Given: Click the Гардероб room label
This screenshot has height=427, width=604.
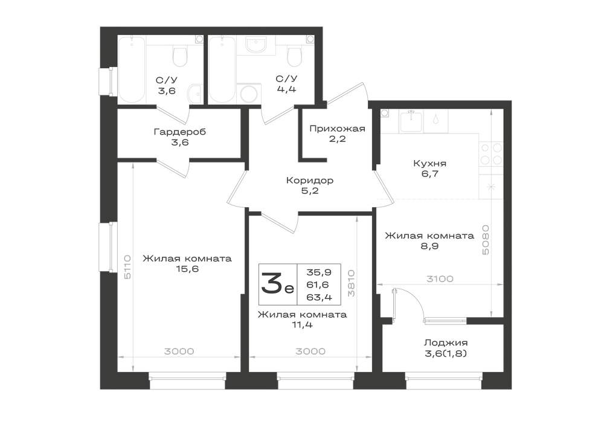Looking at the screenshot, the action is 180,132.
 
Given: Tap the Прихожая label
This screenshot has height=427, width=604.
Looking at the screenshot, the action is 337,129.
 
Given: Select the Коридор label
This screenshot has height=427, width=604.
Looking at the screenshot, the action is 310,180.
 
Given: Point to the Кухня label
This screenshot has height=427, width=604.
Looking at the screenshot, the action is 429,163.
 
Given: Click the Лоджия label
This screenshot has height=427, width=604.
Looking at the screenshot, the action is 446,342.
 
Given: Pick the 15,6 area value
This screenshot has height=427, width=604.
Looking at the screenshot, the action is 187,269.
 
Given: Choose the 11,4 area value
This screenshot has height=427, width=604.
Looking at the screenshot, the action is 302,324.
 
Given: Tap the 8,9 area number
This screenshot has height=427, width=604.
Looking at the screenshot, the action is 429,246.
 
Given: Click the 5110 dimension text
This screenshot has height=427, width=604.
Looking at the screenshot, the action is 127,267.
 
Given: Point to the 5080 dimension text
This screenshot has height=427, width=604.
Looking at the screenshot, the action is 486,240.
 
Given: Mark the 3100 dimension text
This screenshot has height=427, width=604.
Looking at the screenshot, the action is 440,279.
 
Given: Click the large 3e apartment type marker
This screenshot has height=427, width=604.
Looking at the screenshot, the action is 277,283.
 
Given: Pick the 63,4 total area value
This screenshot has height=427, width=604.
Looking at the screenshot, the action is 319,297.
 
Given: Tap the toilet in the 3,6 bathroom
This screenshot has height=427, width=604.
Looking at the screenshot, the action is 179,56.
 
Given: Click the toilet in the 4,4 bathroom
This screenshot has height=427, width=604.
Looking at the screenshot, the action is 294,56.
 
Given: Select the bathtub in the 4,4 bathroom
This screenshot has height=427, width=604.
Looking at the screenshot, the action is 222,69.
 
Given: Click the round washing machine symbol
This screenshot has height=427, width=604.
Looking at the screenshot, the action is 249,94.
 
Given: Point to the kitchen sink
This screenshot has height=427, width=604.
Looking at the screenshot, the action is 411,121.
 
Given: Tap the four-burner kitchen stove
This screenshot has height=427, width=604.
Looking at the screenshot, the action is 491,153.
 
